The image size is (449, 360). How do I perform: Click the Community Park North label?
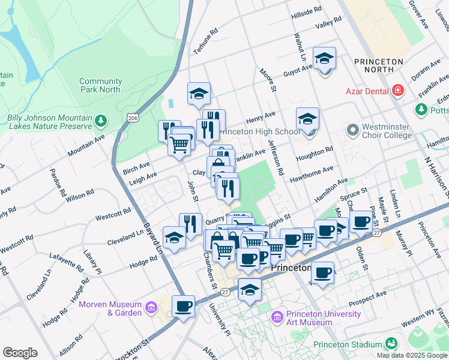coord(100,85)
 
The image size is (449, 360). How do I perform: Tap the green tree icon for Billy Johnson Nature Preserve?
coord(101,121)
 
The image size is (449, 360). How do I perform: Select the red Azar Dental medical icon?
coord(397,91)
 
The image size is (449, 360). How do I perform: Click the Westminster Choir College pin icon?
coord(352,130)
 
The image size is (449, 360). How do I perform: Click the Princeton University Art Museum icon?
coord(277,317)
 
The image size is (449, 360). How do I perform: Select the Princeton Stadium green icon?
coord(391,344)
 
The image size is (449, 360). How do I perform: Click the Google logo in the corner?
coord(20,353)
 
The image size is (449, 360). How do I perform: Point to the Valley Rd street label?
coord(328,23)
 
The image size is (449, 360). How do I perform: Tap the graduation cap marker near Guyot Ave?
coord(324,58)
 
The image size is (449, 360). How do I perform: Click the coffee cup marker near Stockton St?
coord(184,306)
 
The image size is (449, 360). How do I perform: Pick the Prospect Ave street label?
coord(370,295)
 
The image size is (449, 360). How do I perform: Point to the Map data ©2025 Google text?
coord(412,355)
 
